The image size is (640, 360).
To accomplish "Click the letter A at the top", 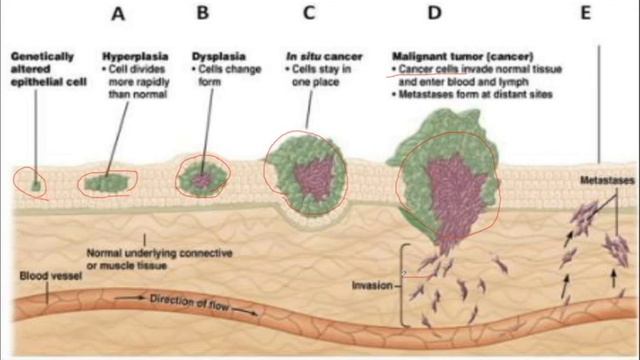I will tap(120, 14).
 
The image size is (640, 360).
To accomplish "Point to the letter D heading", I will tap(434, 14).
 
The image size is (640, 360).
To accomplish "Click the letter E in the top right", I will tap(600, 14).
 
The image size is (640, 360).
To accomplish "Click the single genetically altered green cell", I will tap(36, 184).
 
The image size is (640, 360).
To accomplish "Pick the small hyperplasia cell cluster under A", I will tap(106, 183).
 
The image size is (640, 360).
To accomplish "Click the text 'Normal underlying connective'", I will tap(151, 252).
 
